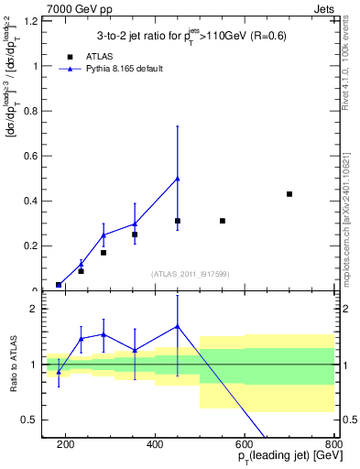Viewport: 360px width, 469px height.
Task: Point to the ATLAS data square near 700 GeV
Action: point(289,194)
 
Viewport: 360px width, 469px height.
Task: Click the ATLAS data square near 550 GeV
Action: point(223,221)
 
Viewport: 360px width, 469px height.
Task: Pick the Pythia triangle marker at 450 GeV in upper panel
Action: point(178,179)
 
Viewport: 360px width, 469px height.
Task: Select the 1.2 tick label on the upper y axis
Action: point(29,21)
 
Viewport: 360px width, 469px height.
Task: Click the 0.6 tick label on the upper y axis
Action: point(29,156)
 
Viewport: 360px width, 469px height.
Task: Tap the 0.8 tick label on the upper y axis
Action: point(29,111)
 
